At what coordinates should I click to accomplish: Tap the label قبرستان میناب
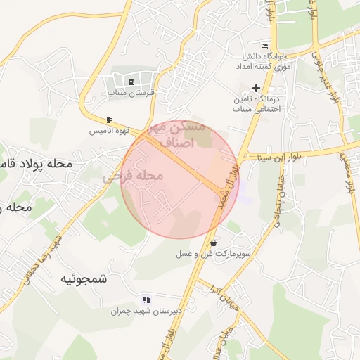tap(133, 93)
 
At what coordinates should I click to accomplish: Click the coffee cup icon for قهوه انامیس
tap(109, 120)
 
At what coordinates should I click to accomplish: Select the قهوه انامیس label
tap(108, 131)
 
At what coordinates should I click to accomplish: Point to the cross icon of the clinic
tap(256, 89)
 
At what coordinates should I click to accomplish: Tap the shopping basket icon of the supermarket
tap(213, 243)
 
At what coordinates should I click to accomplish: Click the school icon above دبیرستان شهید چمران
tap(146, 300)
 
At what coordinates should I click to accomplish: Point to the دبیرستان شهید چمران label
tap(146, 310)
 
